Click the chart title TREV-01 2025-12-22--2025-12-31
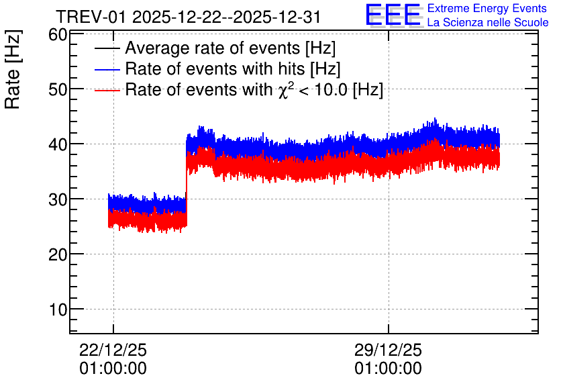(x=188, y=17)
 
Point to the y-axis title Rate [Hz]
(x=13, y=69)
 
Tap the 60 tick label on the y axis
(x=58, y=35)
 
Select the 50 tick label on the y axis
(x=58, y=89)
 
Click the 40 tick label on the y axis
(x=58, y=144)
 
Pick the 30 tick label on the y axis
(x=58, y=199)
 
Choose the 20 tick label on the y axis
(x=58, y=255)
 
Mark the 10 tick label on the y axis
(x=58, y=309)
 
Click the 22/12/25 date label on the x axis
(x=113, y=350)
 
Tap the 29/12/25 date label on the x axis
(x=388, y=350)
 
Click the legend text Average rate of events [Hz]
(x=230, y=48)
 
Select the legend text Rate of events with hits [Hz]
(x=233, y=68)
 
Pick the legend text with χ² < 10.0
(x=254, y=89)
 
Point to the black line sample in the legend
(x=107, y=48)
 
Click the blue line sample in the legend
(x=107, y=69)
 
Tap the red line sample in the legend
(x=107, y=90)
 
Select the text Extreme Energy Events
(x=487, y=8)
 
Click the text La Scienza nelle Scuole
(x=488, y=22)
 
